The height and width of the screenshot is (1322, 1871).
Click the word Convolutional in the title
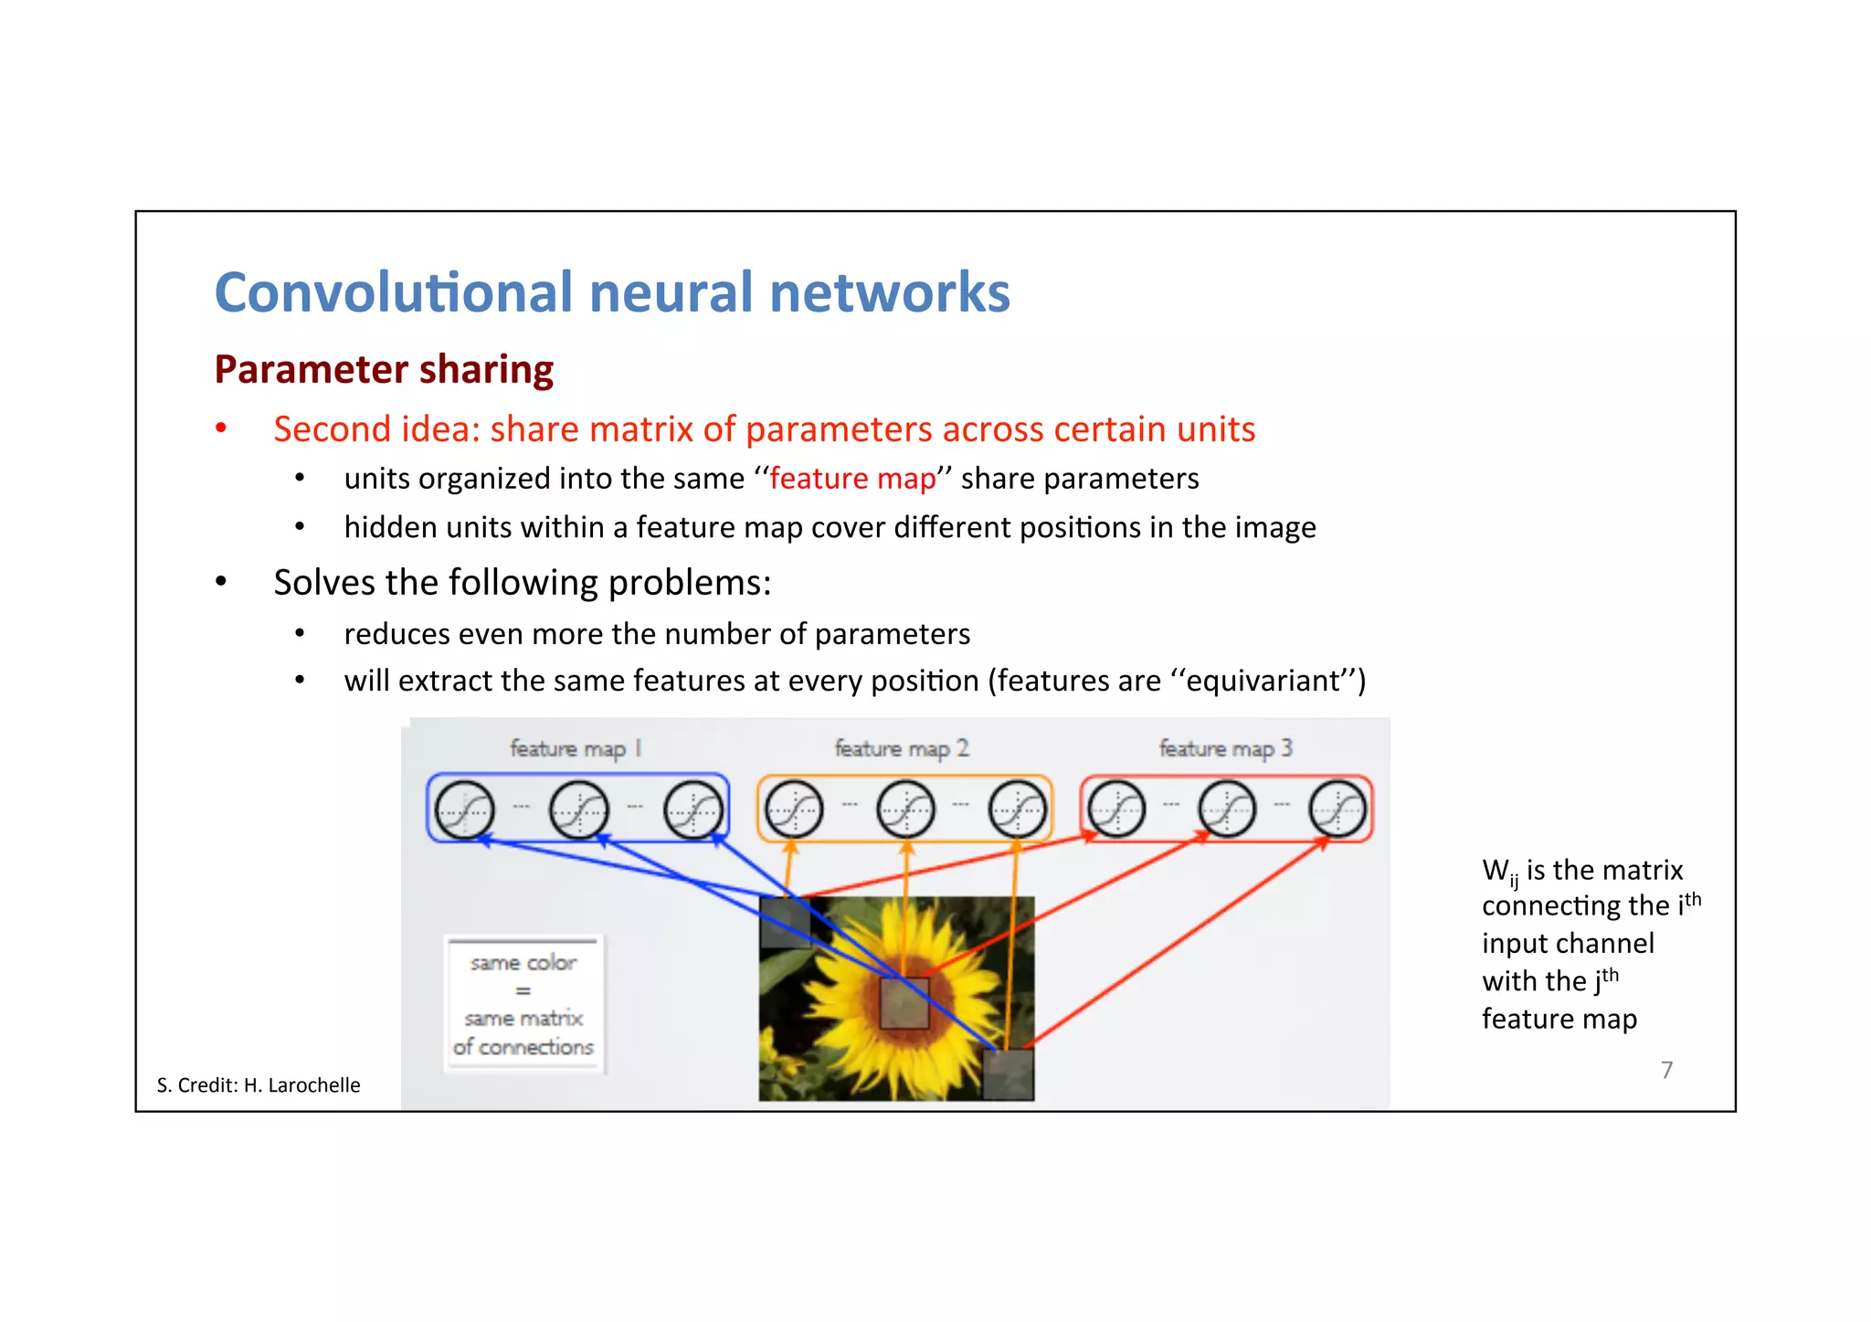click(393, 292)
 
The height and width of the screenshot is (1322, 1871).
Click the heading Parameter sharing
click(384, 370)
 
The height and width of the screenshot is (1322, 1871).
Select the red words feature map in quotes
click(852, 479)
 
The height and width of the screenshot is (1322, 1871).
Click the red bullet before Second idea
click(221, 428)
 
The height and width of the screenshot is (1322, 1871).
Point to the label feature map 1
click(576, 749)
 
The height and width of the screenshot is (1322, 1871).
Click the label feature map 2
click(901, 749)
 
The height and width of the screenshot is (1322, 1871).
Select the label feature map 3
click(1225, 749)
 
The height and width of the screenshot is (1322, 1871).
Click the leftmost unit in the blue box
click(464, 809)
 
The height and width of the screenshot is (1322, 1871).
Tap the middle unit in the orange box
click(904, 809)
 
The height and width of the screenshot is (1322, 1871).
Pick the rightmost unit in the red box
click(1337, 809)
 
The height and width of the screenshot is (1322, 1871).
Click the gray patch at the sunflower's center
click(904, 1003)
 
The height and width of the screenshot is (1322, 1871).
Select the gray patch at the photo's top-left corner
click(784, 921)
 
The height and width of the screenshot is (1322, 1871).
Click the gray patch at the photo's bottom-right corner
click(1008, 1073)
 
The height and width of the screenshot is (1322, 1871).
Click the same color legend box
click(523, 1004)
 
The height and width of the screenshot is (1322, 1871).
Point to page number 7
click(1666, 1070)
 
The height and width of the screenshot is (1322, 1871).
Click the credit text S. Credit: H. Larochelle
click(259, 1085)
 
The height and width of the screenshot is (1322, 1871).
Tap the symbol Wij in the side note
click(1499, 872)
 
